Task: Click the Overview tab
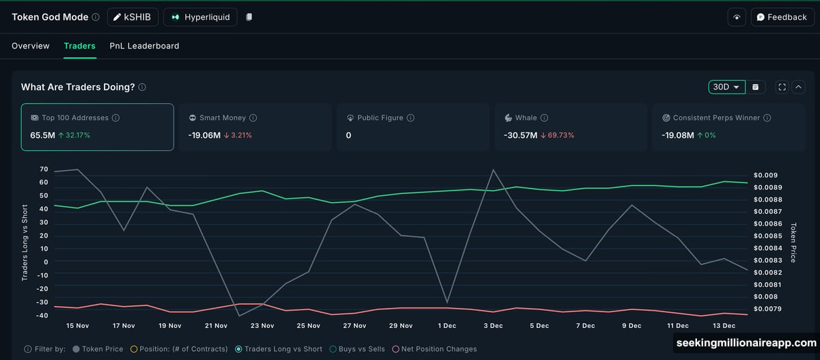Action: (x=31, y=46)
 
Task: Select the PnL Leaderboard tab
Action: (x=144, y=46)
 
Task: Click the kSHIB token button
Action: (x=133, y=17)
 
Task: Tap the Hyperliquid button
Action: (x=200, y=17)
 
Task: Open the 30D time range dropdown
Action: (x=726, y=87)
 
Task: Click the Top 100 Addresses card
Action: (x=97, y=126)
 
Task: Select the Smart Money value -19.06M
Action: (x=204, y=135)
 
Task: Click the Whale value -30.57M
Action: (x=520, y=135)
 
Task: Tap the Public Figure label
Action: (x=380, y=117)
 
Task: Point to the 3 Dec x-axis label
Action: (x=493, y=326)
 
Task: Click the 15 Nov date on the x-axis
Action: (x=77, y=326)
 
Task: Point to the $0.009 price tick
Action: (x=765, y=175)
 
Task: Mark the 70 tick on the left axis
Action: (x=44, y=169)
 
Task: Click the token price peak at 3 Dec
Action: (x=493, y=169)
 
